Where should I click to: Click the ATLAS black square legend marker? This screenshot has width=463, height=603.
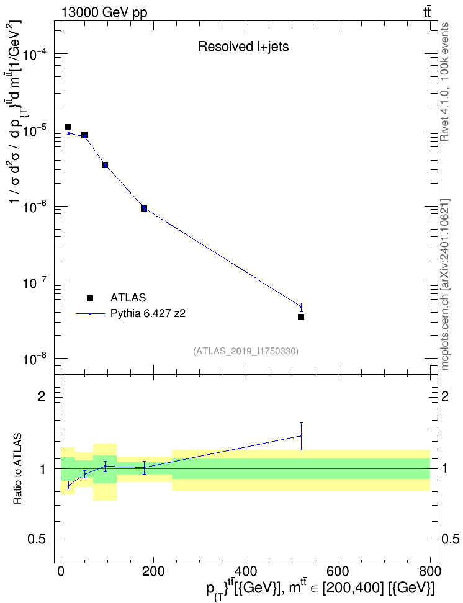click(89, 298)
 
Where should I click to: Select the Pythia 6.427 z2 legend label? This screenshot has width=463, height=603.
click(148, 313)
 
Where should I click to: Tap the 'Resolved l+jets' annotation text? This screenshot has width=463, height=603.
click(243, 47)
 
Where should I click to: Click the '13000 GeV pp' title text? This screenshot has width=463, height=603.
click(104, 12)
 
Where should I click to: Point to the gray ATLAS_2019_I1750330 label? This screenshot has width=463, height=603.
click(246, 351)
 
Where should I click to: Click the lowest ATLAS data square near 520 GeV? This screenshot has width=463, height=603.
click(301, 317)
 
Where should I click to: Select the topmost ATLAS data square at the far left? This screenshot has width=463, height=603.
click(68, 127)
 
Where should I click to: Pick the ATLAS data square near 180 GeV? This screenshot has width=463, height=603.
click(144, 208)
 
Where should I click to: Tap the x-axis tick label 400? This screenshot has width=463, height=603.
click(246, 571)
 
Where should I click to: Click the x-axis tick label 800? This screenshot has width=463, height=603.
click(430, 571)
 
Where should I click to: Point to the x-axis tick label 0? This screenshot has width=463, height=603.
click(61, 571)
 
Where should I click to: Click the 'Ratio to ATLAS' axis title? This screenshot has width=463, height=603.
click(17, 469)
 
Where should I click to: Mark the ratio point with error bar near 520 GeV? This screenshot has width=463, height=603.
click(301, 436)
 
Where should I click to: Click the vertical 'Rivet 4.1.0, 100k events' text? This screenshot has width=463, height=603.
click(444, 82)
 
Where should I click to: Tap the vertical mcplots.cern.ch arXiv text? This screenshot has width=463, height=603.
click(444, 284)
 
